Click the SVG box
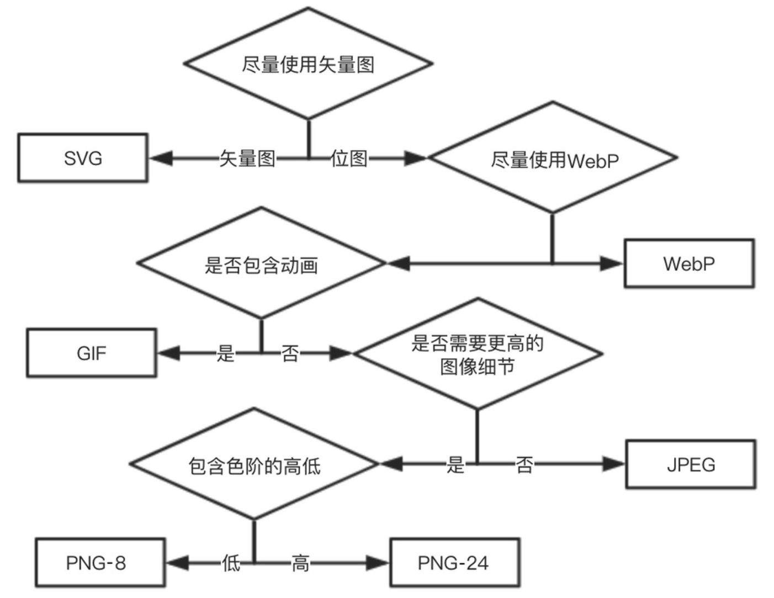[83, 158]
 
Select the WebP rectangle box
[688, 263]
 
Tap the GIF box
[92, 353]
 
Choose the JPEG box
[690, 464]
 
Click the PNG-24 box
[454, 563]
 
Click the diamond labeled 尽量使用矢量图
[308, 64]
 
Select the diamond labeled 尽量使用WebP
[553, 159]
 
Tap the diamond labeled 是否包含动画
[261, 264]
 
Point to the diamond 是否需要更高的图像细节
[478, 354]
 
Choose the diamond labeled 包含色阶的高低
[254, 465]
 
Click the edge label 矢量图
[247, 158]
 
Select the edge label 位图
[349, 158]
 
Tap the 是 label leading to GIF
[225, 353]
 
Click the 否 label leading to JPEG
[524, 464]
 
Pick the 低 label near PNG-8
[231, 563]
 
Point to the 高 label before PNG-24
[300, 563]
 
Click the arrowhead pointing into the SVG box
[160, 158]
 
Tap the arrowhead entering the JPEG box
[613, 464]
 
